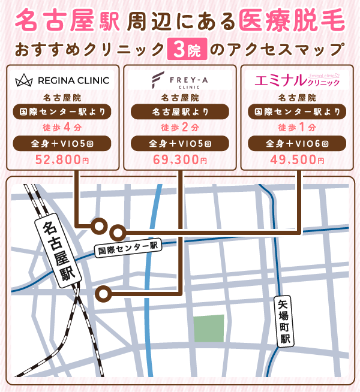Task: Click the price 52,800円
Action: pyautogui.click(x=62, y=160)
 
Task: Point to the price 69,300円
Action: pyautogui.click(x=180, y=160)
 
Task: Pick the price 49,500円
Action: pyautogui.click(x=297, y=160)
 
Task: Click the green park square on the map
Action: pyautogui.click(x=208, y=328)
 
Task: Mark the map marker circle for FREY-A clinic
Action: pyautogui.click(x=105, y=294)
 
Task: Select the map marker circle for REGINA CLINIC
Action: pyautogui.click(x=98, y=225)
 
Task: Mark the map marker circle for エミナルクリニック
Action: pyautogui.click(x=119, y=231)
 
